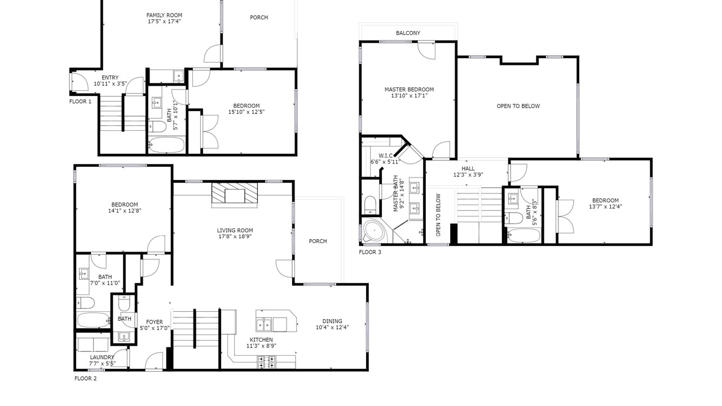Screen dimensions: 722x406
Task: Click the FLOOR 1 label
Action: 80,101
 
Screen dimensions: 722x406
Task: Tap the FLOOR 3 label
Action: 370,252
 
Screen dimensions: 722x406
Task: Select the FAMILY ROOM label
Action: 164,15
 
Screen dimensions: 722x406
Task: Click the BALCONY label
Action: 408,33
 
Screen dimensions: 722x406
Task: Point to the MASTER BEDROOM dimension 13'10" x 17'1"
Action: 409,96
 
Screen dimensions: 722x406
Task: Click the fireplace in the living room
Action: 235,195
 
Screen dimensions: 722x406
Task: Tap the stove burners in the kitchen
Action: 267,362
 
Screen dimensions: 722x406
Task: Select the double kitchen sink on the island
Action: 264,324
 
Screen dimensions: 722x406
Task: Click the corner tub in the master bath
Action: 375,231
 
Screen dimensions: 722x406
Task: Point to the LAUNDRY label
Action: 102,358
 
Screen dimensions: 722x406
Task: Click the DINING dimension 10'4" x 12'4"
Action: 332,328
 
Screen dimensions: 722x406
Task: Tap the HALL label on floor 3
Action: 468,169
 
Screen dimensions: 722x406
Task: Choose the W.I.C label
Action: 385,156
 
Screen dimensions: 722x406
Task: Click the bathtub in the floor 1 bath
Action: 166,145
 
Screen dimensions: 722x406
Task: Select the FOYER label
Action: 155,322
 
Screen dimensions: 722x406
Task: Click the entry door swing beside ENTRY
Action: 80,82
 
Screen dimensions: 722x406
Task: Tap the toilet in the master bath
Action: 370,205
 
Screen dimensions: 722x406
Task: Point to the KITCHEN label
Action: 261,339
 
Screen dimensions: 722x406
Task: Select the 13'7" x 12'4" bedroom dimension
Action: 605,206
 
